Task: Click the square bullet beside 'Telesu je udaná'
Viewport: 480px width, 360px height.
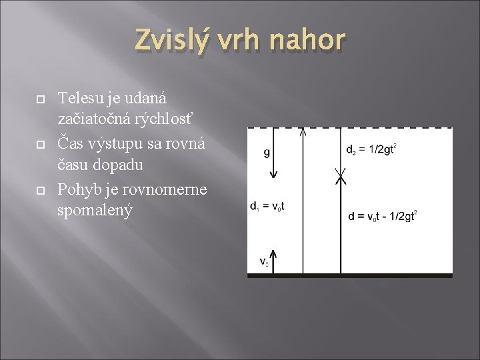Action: (39, 98)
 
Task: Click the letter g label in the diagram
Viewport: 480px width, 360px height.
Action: (267, 153)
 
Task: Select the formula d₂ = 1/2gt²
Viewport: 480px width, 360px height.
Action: (371, 149)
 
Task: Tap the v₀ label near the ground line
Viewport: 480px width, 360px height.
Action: (265, 261)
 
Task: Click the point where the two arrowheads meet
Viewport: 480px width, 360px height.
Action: (341, 175)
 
